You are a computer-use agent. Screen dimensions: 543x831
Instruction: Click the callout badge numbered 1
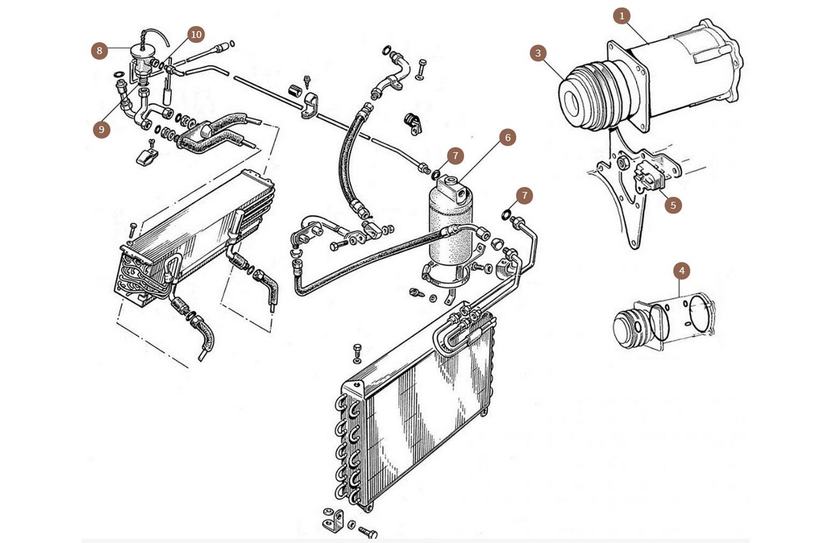pos(621,16)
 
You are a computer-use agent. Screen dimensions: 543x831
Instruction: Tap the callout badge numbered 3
pos(538,53)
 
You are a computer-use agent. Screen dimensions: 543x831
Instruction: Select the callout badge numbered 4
pos(682,271)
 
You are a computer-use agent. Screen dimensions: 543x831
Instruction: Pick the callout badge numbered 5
pos(672,205)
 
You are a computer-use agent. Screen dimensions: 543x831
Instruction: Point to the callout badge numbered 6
pos(508,137)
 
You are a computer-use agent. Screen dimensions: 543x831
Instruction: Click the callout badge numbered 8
pos(99,50)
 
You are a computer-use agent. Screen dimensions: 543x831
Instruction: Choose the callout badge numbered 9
pos(101,130)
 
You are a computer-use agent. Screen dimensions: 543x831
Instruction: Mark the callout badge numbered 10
pos(196,34)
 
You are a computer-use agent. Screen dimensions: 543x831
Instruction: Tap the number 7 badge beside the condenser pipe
pos(524,195)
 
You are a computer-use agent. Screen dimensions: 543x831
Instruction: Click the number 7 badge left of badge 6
pos(455,155)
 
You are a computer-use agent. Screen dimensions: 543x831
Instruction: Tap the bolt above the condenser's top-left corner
pos(358,350)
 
